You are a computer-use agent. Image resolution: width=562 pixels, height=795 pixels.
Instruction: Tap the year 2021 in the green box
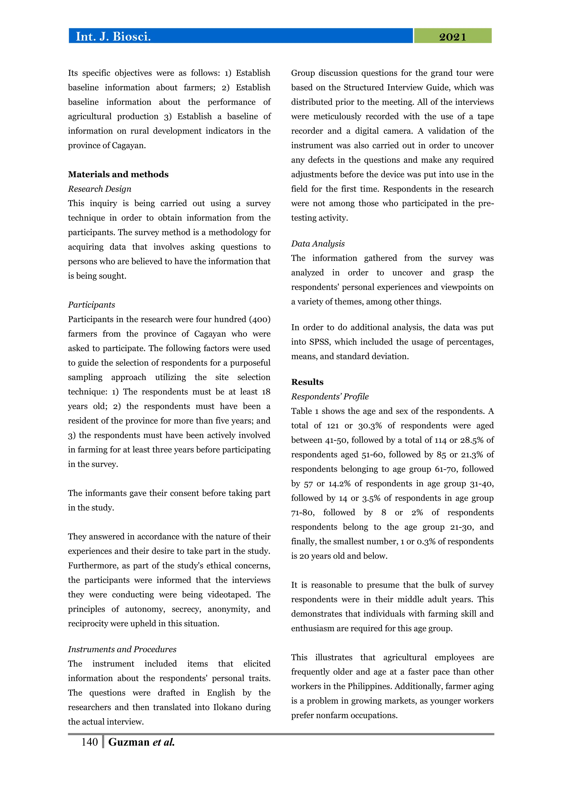point(452,37)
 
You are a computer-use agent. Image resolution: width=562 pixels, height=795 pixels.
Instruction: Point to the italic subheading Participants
point(91,305)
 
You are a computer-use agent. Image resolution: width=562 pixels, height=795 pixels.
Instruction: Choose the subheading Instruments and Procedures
point(122,649)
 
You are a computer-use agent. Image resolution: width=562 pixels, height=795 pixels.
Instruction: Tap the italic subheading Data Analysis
point(318,244)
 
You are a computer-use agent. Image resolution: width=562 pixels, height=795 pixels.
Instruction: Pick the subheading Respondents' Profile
point(330,396)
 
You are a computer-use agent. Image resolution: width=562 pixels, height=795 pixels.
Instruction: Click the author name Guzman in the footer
point(129,742)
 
